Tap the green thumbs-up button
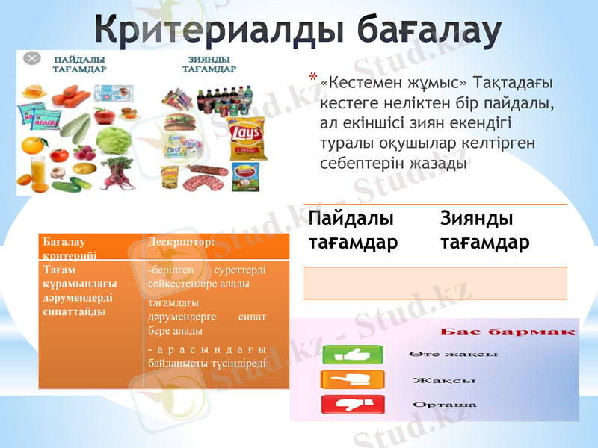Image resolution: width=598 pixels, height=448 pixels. coord(352,355)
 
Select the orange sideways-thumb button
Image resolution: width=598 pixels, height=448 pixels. coord(352,380)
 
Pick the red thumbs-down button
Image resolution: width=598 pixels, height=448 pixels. coord(352,405)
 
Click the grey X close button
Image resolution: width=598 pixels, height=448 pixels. coord(31,58)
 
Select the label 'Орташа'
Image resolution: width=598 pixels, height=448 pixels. coord(444,405)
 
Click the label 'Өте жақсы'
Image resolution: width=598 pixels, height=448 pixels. coord(453,354)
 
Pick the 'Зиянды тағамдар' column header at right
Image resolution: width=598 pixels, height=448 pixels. coord(484,230)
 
